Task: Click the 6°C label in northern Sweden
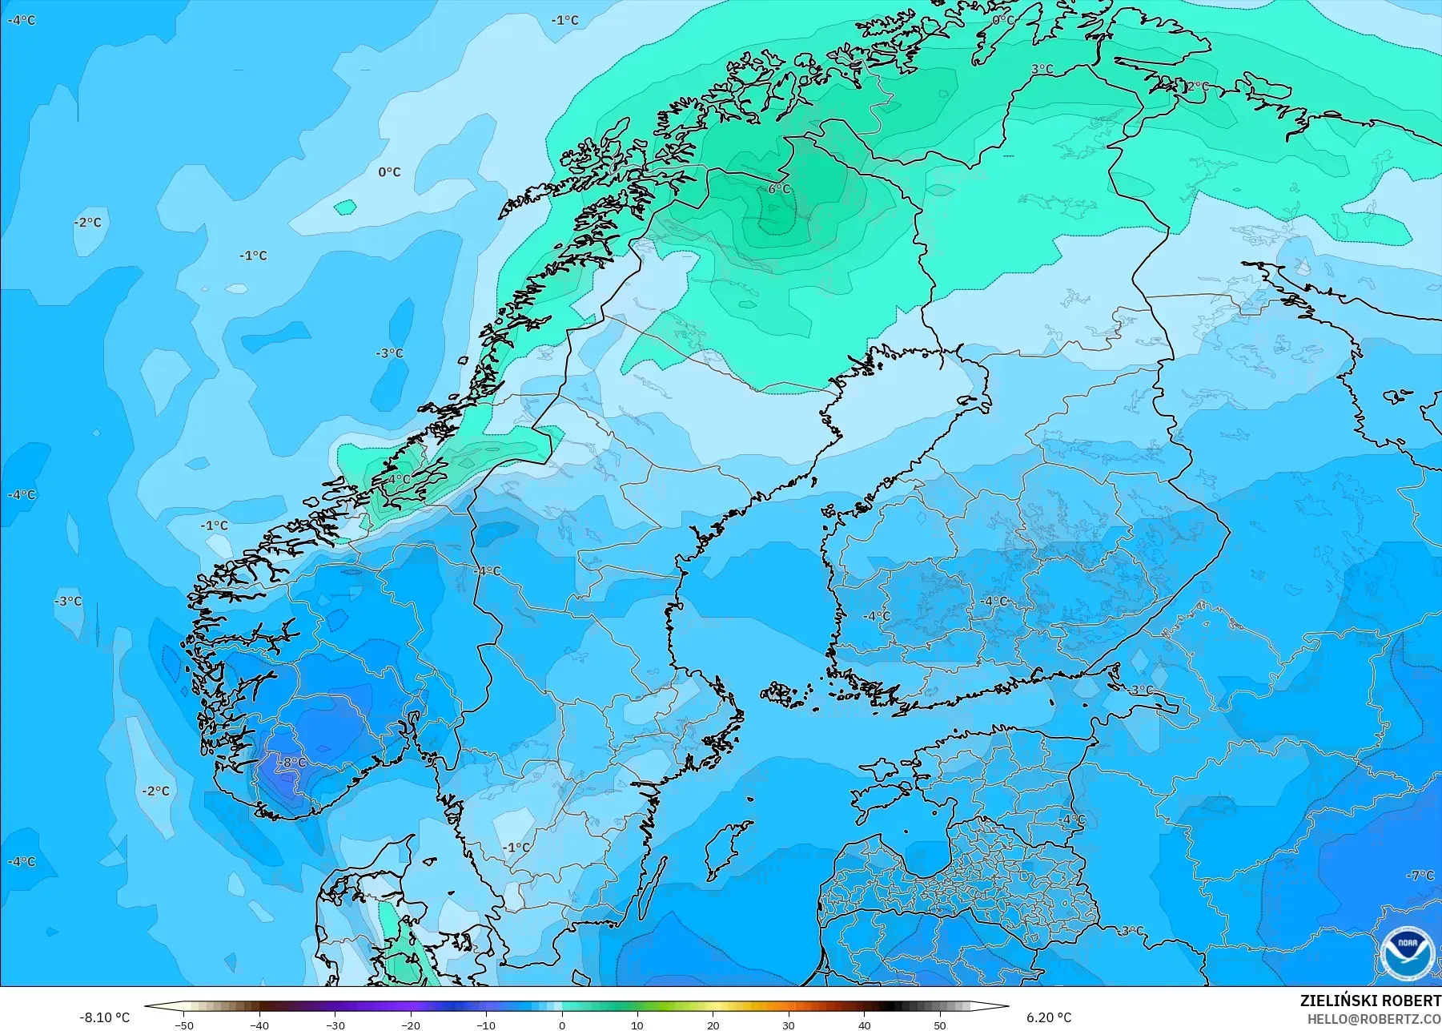779,189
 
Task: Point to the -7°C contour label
1421,876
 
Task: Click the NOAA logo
1407,953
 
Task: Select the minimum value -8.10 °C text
104,1017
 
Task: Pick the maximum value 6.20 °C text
1049,1017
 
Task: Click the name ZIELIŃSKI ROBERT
1370,1001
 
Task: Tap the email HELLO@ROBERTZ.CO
1374,1019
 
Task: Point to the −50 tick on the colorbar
183,1025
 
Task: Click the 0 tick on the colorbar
562,1025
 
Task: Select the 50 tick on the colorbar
940,1025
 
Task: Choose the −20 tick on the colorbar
410,1025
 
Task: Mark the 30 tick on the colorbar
789,1025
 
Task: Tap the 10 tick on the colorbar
637,1025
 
